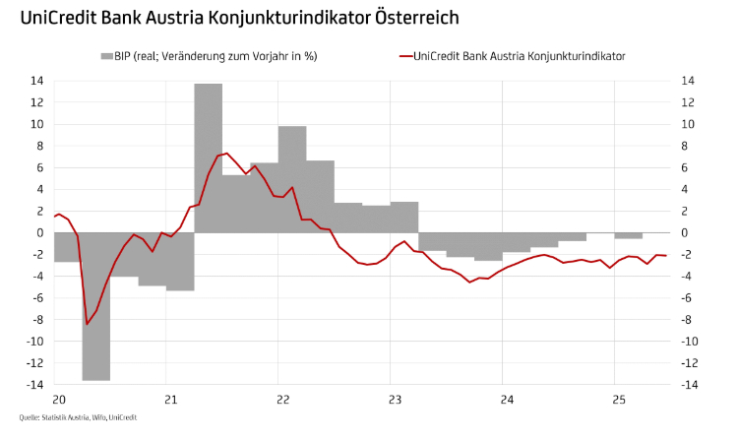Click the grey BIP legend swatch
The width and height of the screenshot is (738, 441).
click(106, 56)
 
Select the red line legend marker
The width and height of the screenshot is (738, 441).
click(405, 56)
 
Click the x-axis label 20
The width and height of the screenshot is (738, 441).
click(58, 400)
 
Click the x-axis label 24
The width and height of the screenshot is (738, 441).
click(503, 400)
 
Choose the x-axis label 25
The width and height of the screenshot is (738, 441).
click(614, 400)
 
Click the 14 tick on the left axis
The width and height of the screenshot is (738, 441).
click(38, 81)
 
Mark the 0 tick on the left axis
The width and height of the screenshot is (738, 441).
click(41, 232)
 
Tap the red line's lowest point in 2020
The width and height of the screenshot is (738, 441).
click(87, 324)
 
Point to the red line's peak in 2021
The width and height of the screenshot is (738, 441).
click(226, 154)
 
